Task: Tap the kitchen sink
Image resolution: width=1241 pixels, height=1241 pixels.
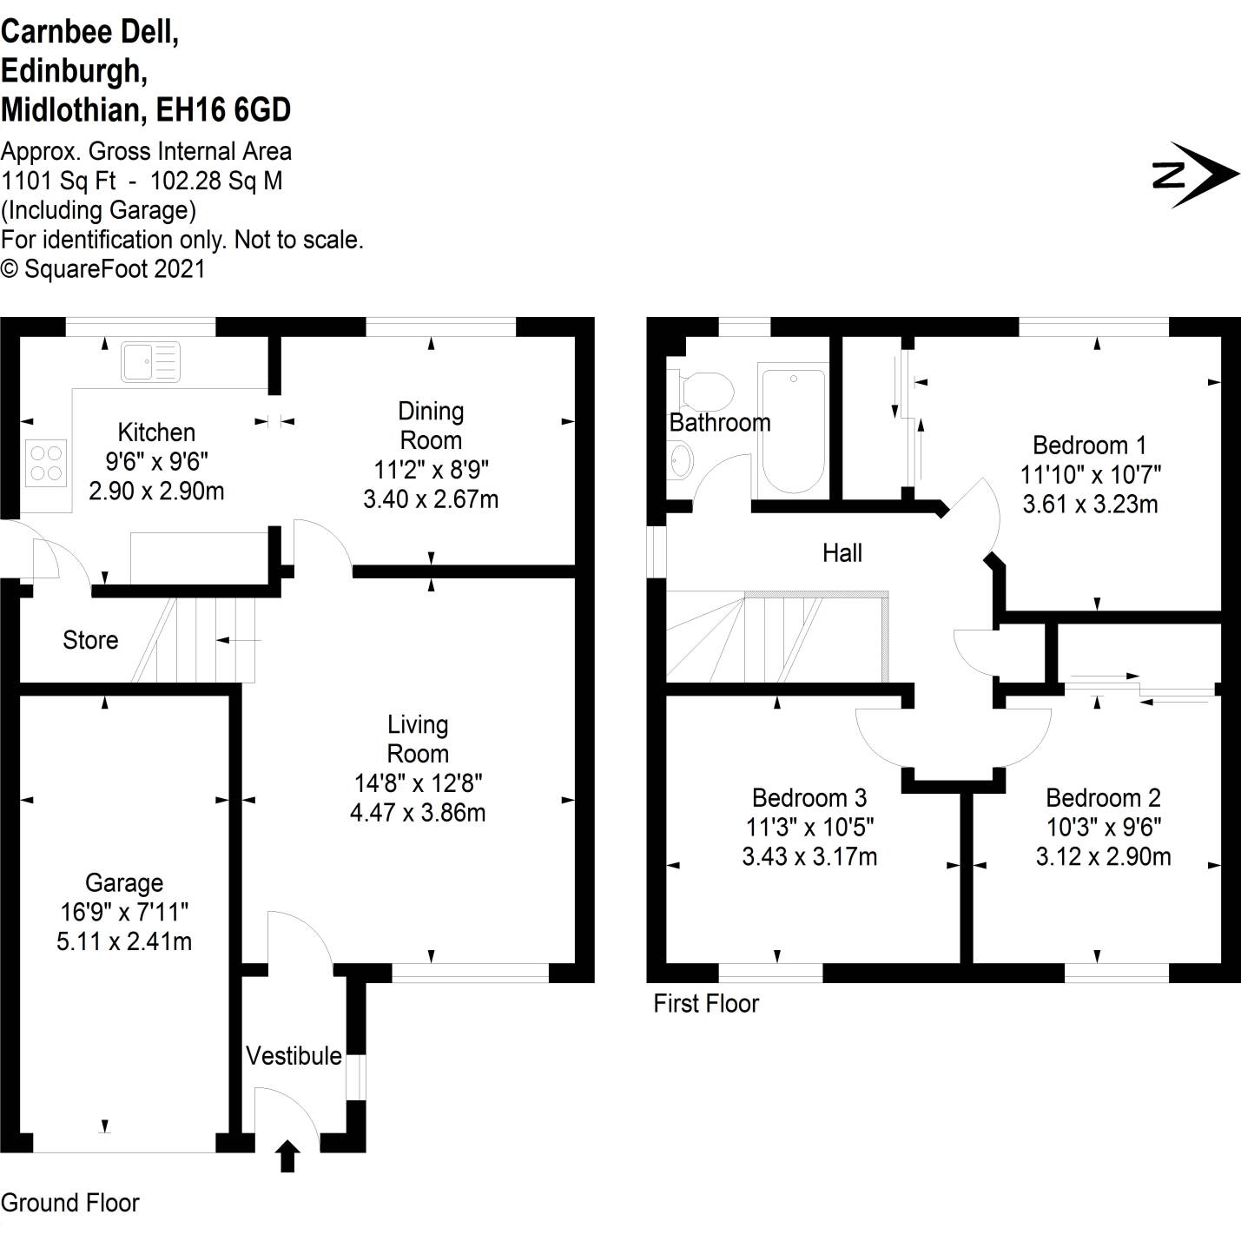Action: (150, 361)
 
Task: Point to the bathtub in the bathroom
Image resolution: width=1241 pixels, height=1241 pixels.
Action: (792, 431)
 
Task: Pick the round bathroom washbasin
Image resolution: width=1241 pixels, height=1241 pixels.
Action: (681, 459)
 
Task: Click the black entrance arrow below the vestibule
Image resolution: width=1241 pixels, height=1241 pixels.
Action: (287, 1156)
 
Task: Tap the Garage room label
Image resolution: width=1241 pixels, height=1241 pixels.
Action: (124, 883)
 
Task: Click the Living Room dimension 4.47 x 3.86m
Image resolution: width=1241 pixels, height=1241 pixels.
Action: (418, 813)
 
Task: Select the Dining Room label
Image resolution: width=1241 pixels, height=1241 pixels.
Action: (431, 426)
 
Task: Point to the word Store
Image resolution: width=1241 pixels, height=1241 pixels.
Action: (90, 640)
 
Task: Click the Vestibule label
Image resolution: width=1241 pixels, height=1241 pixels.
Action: (294, 1056)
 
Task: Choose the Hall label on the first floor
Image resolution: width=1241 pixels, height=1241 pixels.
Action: (842, 553)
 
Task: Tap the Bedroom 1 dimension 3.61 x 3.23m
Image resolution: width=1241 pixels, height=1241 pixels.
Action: (1090, 505)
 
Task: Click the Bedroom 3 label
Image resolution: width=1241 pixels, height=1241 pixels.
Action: (809, 797)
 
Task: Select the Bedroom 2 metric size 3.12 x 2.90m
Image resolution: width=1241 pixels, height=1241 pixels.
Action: (1103, 857)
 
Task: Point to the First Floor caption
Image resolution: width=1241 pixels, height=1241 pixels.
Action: (706, 1004)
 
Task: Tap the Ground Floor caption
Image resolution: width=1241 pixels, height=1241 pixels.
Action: (70, 1203)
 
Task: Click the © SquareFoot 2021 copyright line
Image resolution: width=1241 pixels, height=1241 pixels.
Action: (103, 269)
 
